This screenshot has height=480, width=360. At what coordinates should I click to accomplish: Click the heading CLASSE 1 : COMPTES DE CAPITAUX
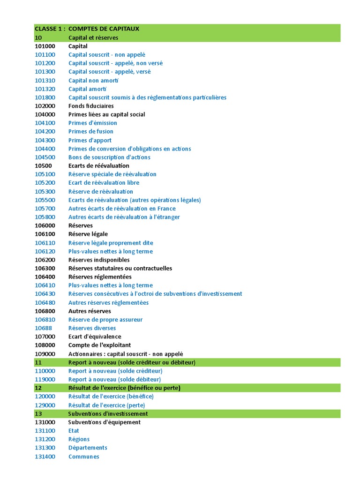[87, 29]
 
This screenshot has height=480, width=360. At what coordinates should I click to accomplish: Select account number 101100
[45, 54]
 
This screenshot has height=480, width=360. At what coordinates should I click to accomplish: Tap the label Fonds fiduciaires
[91, 106]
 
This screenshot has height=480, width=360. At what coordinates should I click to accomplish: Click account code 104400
[45, 149]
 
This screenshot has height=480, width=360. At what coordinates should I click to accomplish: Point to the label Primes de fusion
[91, 131]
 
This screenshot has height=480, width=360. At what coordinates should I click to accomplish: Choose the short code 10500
[43, 165]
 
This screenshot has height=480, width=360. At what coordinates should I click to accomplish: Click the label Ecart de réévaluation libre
[104, 183]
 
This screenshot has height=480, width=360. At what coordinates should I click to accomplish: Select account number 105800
[45, 217]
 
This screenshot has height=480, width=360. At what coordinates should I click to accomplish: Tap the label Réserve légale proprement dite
[111, 243]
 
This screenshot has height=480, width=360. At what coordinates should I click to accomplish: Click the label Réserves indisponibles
[99, 260]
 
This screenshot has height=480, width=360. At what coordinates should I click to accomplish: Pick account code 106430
[45, 294]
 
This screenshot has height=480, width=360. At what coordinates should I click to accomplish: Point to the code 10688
[43, 328]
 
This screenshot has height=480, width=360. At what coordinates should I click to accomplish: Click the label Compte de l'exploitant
[99, 345]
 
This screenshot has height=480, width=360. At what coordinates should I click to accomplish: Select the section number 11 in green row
[38, 362]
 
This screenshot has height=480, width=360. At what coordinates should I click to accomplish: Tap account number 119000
[45, 379]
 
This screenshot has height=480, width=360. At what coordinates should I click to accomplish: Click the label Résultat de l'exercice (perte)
[106, 405]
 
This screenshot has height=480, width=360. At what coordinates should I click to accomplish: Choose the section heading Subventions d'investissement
[108, 413]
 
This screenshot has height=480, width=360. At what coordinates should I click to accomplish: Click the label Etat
[74, 431]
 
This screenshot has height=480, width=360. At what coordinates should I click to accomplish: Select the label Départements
[88, 448]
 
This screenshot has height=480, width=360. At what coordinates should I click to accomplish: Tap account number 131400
[45, 457]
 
